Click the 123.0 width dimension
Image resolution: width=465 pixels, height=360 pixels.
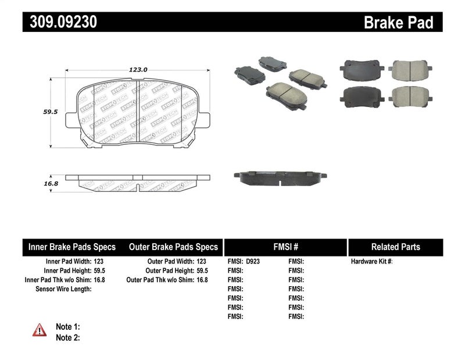tap(138, 69)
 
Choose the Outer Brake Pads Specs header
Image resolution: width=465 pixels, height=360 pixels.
tap(173, 247)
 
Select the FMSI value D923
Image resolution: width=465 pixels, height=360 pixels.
tap(253, 262)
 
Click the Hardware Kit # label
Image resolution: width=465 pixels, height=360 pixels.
tap(372, 262)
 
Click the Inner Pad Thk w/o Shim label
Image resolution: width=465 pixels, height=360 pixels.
tap(56, 280)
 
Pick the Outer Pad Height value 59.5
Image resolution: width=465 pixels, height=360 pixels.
tap(202, 270)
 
